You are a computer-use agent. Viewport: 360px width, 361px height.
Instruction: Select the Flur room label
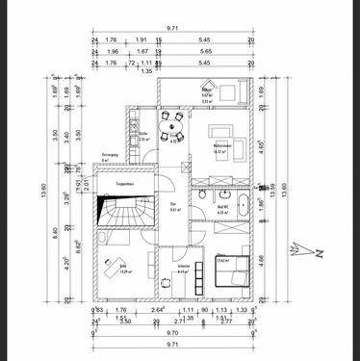pyautogui.click(x=174, y=206)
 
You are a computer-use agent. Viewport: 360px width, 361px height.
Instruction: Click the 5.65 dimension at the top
pyautogui.click(x=204, y=52)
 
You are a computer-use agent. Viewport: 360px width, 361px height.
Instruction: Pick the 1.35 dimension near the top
pyautogui.click(x=147, y=71)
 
